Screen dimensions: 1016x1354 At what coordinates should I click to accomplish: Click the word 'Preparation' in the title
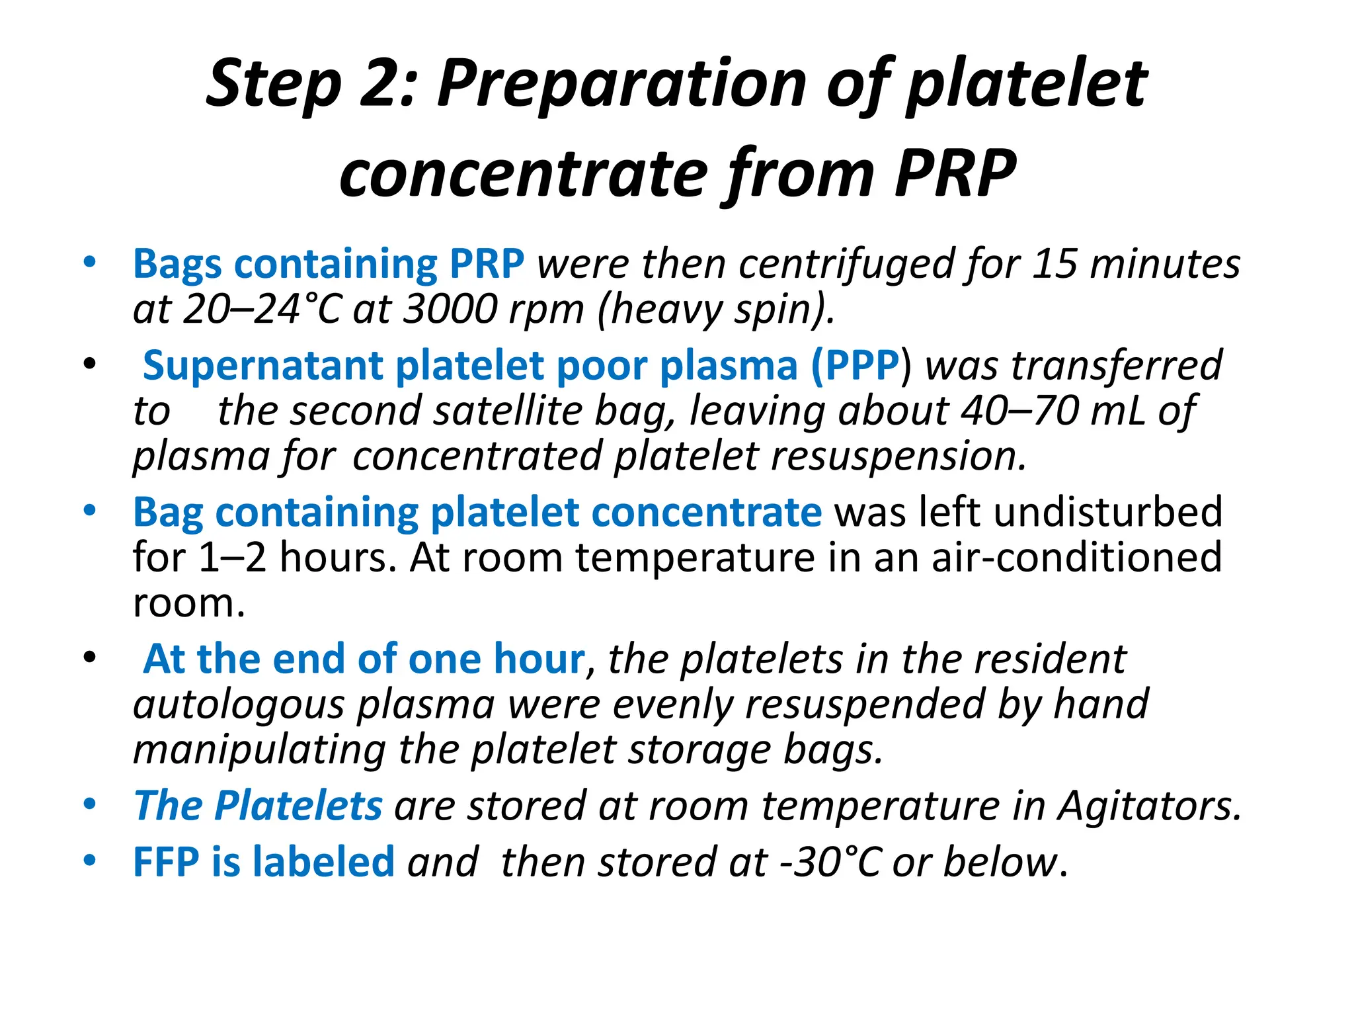(621, 84)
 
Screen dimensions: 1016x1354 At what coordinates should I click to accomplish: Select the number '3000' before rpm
(450, 309)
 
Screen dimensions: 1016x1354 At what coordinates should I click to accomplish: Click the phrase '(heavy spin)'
(715, 309)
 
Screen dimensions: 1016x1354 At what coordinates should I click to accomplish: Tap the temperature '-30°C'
(830, 863)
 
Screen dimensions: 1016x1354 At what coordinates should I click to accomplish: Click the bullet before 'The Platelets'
(89, 804)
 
